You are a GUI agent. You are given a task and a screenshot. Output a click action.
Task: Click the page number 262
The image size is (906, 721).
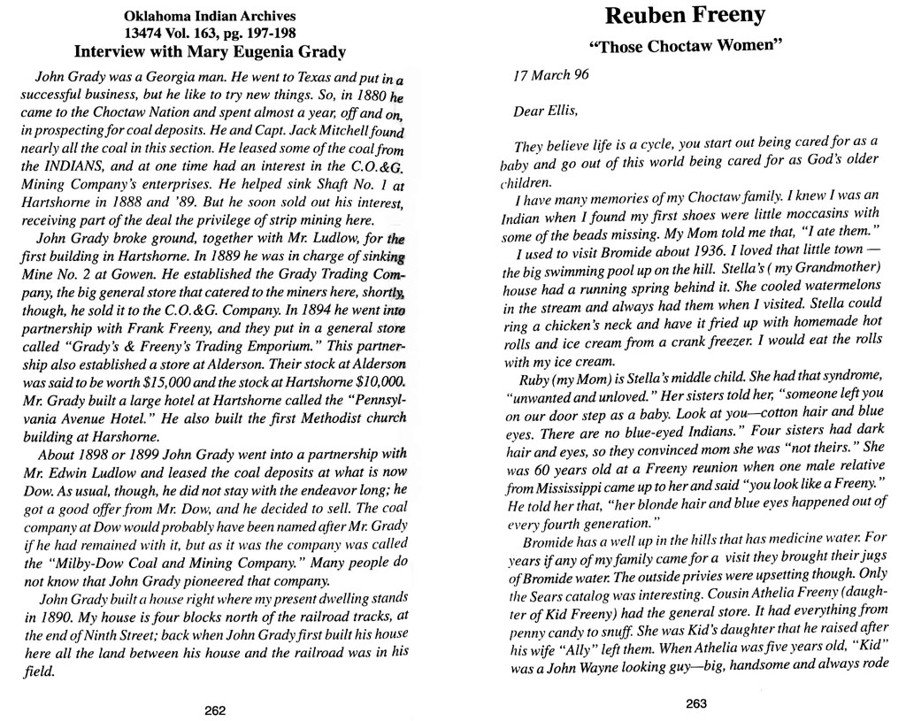pos(215,709)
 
